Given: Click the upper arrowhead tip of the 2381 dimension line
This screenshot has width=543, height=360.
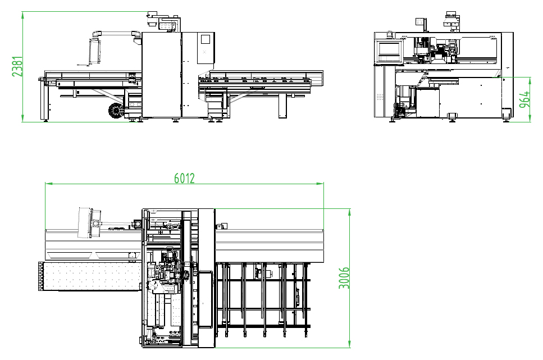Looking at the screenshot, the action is [23, 11].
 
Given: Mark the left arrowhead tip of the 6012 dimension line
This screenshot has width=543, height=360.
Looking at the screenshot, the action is [45, 184].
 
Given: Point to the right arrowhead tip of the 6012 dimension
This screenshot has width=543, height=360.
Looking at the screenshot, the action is [323, 184].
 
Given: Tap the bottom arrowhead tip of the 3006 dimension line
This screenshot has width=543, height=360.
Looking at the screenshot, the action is [349, 348].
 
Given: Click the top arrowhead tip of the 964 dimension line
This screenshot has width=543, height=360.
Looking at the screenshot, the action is [530, 78].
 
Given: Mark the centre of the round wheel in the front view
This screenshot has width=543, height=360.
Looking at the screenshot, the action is [116, 111].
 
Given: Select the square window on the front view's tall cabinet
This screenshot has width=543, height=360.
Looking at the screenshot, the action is [206, 39].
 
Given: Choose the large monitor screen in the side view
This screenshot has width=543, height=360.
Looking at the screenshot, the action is [389, 49].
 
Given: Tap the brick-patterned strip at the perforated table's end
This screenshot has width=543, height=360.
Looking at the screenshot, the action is [41, 276].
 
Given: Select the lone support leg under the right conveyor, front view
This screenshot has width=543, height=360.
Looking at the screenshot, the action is [282, 106].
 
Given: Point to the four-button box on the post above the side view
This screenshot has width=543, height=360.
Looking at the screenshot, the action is [420, 21].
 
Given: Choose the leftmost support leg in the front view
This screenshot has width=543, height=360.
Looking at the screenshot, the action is [44, 101].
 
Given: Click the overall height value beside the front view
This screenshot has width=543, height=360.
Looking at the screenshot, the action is [17, 66].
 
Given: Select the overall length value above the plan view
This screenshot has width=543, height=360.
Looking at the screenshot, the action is [184, 178].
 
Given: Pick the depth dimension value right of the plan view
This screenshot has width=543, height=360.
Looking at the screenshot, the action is [344, 278].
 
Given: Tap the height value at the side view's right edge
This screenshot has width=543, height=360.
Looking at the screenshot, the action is [524, 99].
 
